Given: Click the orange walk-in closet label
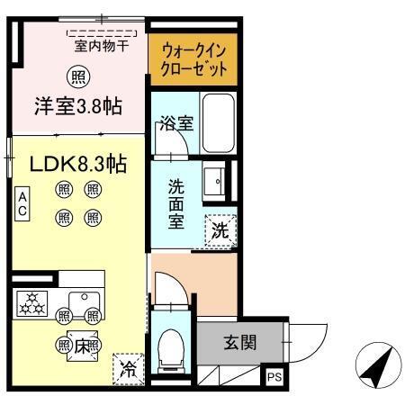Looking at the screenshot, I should [187, 58].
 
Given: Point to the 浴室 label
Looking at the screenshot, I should [175, 123].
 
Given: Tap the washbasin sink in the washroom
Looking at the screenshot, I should [217, 183].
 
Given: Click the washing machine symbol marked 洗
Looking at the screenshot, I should [220, 230].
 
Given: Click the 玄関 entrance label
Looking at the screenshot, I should [240, 342].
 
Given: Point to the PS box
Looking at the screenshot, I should [274, 378].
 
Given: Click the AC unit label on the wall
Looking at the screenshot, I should [22, 203].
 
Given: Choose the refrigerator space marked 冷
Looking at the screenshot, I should [130, 367].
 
